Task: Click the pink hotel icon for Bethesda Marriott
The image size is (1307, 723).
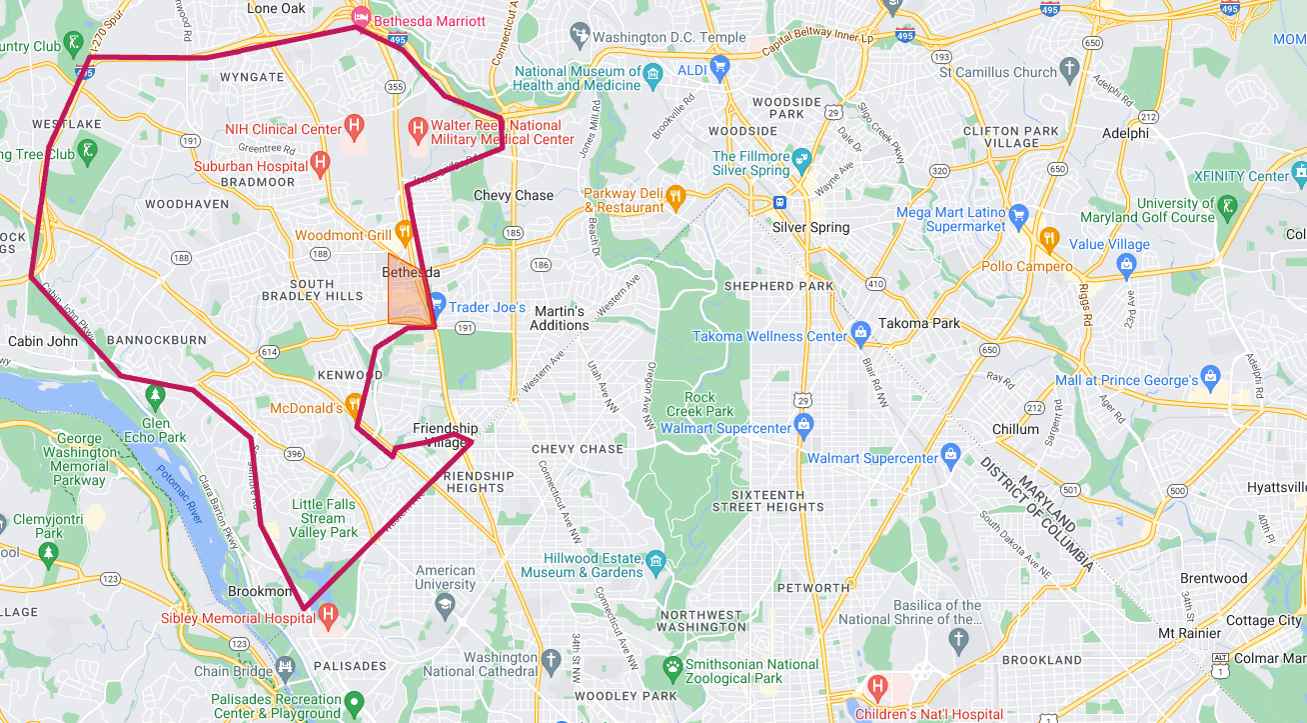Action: pos(359,18)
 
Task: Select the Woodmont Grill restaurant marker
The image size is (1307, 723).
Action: pos(404,232)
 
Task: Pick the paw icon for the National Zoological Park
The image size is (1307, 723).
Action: pos(673,665)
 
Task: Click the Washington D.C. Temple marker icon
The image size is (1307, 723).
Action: pos(578,37)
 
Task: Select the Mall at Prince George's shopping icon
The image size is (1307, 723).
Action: pos(1210,379)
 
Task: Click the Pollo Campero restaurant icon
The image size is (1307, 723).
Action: pos(1048,238)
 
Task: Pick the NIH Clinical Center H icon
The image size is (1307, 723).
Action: pos(353,127)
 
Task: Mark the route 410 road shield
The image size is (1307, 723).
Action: pos(875,283)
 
